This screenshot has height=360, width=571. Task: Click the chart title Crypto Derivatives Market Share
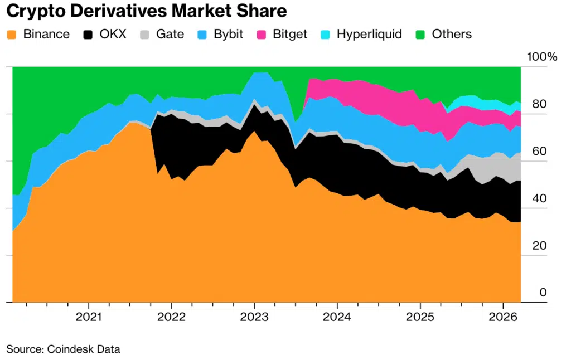point(147,11)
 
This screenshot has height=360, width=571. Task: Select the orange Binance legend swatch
point(13,34)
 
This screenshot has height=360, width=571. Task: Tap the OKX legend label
point(113,34)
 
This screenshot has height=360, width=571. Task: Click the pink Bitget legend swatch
point(262,34)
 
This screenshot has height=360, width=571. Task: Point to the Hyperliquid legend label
point(369,34)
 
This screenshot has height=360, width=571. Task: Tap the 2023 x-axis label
point(254,317)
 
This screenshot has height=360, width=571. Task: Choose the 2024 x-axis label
point(337,317)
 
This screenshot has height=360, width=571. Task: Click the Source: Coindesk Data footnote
point(63,349)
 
